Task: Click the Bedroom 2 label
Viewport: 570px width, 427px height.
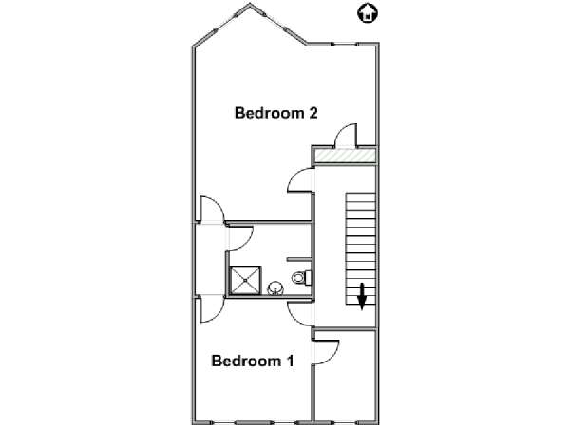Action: point(275,113)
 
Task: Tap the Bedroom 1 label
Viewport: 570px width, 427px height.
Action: point(253,361)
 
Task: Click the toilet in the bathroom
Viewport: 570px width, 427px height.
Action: point(302,278)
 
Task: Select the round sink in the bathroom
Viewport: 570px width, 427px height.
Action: point(275,289)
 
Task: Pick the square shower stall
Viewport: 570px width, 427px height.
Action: point(245,280)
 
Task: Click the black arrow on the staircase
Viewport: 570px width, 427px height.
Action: point(362,297)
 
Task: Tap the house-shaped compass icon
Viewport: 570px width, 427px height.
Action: point(368,13)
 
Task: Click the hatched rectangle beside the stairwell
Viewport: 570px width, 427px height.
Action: point(345,156)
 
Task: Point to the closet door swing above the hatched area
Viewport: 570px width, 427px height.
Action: point(346,136)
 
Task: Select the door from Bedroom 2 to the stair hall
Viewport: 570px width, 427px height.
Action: point(300,180)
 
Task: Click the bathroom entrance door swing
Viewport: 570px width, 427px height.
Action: point(240,238)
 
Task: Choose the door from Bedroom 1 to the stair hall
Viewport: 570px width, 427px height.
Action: point(300,313)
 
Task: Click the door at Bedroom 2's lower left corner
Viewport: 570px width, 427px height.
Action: point(212,209)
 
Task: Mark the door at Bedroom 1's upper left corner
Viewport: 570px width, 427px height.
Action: point(212,309)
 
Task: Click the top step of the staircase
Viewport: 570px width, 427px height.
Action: point(360,197)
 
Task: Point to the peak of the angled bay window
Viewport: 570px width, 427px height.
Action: point(249,5)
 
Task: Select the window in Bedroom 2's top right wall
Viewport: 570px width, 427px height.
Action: point(345,45)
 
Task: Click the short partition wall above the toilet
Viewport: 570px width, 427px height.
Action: point(299,260)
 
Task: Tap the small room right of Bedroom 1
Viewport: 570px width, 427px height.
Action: point(345,375)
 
